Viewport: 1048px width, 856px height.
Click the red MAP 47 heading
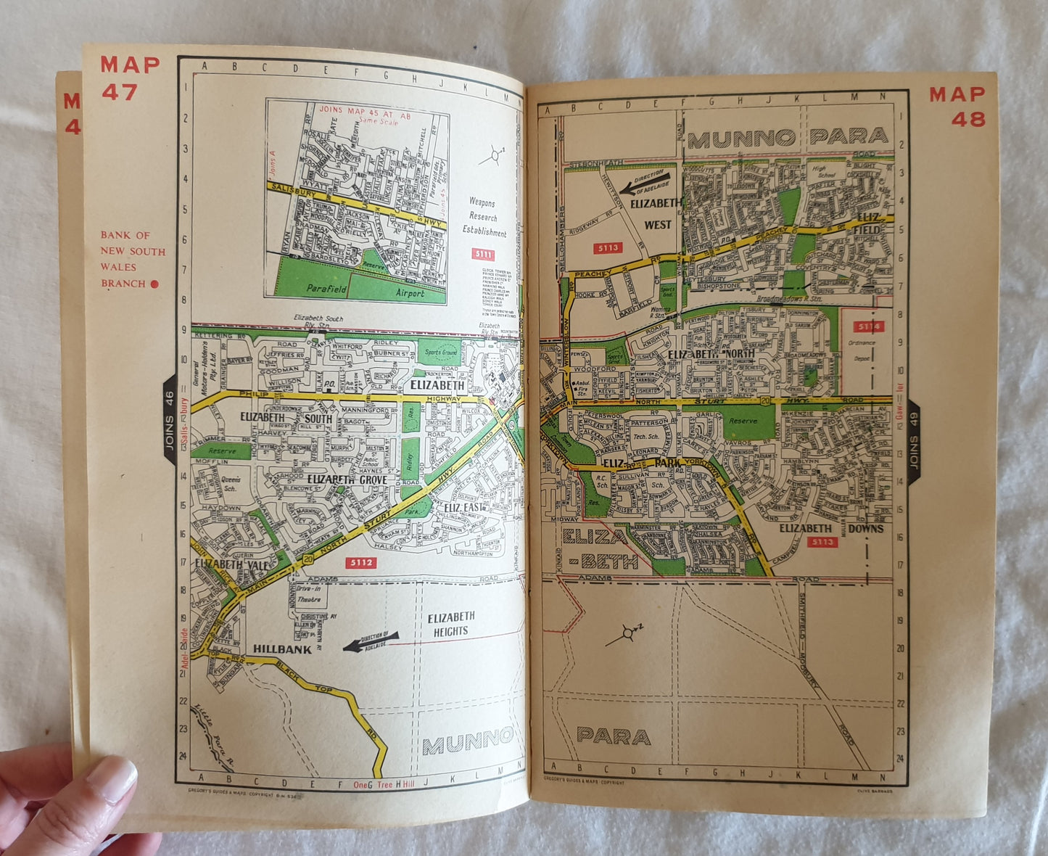130,77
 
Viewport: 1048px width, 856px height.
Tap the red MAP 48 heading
957,106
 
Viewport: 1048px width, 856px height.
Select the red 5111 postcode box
483,254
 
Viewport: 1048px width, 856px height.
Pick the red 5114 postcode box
867,326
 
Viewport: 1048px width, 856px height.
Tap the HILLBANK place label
282,649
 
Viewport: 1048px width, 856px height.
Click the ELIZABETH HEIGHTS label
450,624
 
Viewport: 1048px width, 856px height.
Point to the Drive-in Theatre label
308,594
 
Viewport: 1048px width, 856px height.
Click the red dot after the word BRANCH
154,284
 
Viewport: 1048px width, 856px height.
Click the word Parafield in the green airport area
326,288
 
